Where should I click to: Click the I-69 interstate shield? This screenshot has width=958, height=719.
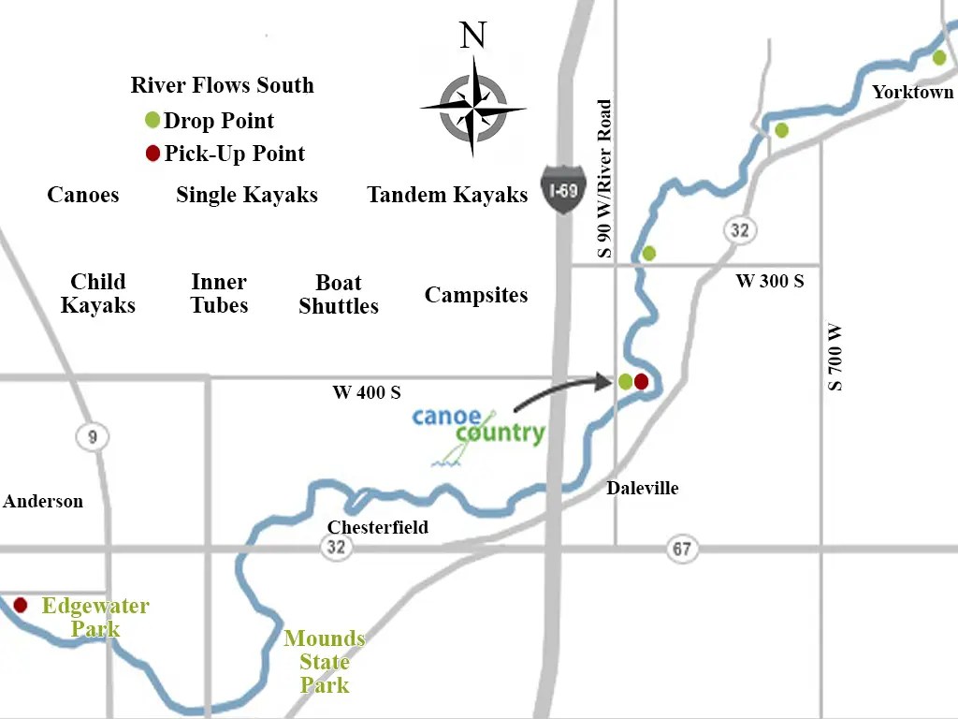[x=562, y=189]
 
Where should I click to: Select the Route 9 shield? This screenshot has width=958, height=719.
[x=93, y=436]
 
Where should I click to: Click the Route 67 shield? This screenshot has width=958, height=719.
[x=682, y=549]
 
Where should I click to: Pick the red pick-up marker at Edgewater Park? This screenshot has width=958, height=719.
[x=20, y=605]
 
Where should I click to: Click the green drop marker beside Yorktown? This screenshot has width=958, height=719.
[x=939, y=58]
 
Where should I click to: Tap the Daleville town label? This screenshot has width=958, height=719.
[x=642, y=488]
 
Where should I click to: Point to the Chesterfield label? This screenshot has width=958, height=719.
[x=377, y=527]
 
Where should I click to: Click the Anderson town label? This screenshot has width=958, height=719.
[x=43, y=501]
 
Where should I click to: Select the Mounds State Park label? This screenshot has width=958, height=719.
[x=324, y=662]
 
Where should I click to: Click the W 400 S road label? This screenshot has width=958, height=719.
[x=366, y=392]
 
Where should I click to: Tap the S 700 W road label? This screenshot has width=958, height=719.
[x=835, y=357]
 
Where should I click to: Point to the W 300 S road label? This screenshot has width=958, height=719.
[x=769, y=281]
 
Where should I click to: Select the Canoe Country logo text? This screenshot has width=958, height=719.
[x=479, y=426]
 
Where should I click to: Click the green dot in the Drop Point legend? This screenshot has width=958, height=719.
[x=152, y=120]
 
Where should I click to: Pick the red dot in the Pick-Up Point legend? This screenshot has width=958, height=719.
[x=152, y=154]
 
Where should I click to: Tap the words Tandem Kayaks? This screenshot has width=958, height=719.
[x=447, y=195]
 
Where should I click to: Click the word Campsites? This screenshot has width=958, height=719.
[x=476, y=295]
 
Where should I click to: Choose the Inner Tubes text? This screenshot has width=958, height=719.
[x=219, y=294]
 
